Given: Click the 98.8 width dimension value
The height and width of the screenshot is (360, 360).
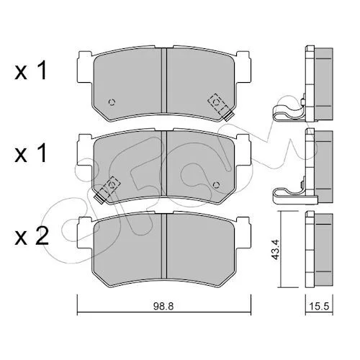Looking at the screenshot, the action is (163, 306).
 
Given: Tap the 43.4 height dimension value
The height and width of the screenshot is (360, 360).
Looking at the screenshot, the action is (276, 249).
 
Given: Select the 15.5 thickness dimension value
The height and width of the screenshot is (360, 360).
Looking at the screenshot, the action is (319, 306).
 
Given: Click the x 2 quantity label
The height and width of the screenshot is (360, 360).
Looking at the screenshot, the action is (32, 236).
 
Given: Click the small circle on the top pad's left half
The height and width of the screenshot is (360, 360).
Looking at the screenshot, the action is (112, 102).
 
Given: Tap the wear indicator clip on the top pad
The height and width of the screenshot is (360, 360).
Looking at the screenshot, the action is (221, 107).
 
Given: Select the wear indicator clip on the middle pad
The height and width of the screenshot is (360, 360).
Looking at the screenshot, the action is (107, 189).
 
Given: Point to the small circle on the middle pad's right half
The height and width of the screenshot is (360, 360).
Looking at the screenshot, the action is (217, 185).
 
